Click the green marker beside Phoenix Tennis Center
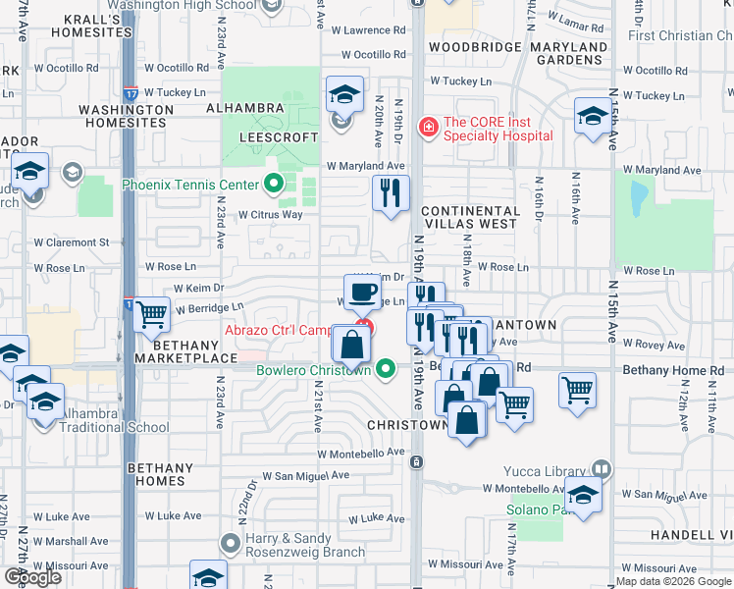[x=274, y=184]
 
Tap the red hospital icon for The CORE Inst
[x=428, y=127]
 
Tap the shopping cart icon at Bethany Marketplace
[x=152, y=315]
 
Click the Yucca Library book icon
[x=601, y=469]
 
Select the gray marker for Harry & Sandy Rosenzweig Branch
[x=231, y=542]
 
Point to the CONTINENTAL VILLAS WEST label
[x=470, y=217]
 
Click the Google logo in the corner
[x=32, y=577]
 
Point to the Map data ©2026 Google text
[x=673, y=581]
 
